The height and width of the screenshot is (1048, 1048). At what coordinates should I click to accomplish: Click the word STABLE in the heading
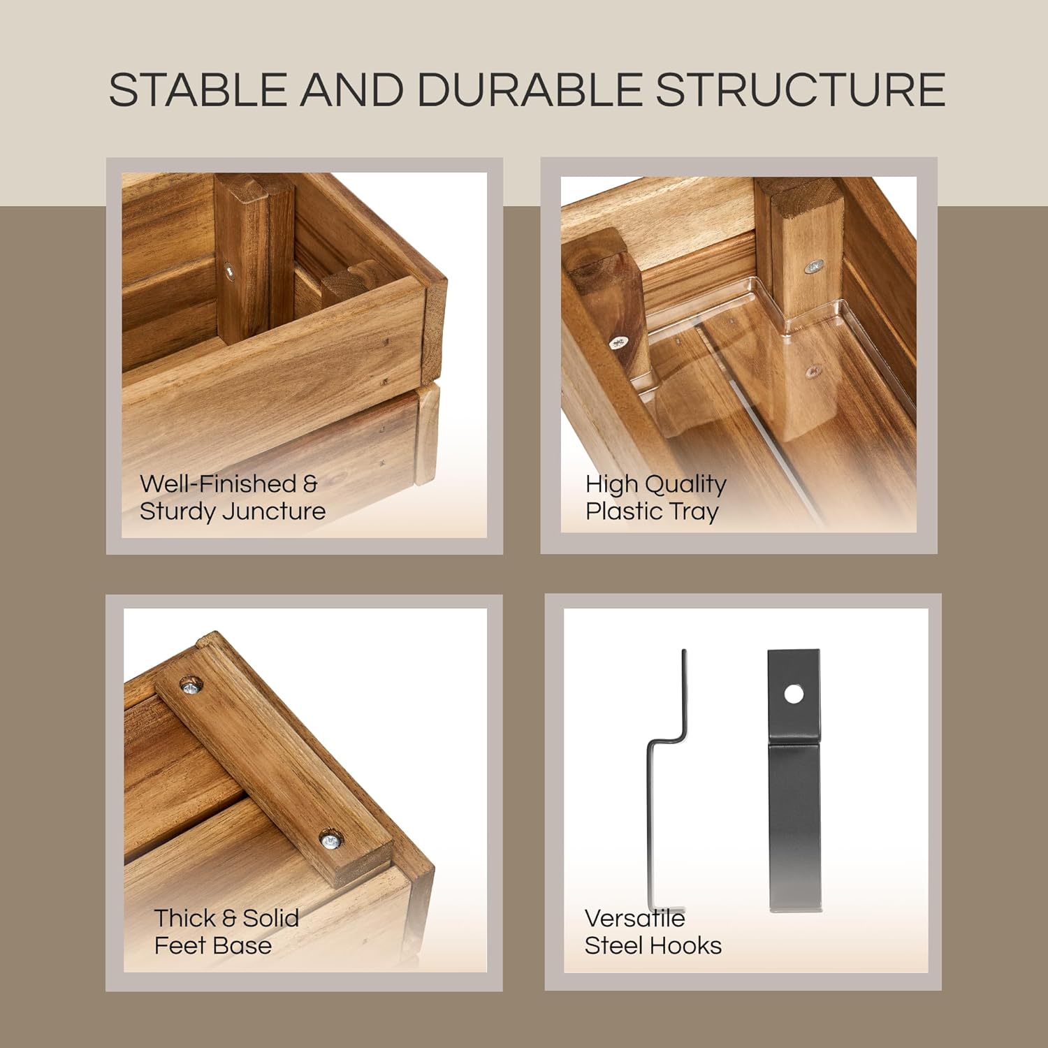(198, 89)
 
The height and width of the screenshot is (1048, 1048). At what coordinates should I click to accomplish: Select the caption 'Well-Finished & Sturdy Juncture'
(233, 497)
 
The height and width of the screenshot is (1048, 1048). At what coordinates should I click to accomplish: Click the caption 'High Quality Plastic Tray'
(655, 497)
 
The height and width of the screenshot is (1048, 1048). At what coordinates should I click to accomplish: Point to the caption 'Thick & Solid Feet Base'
(226, 931)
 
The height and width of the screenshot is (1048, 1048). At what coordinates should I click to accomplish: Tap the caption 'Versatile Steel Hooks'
(653, 931)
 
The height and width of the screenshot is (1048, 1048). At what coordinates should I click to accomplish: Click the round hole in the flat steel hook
(794, 694)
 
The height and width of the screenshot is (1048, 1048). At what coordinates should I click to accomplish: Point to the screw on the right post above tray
(813, 266)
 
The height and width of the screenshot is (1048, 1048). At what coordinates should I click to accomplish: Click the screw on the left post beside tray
(618, 342)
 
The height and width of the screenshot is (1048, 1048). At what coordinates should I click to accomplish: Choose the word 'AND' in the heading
(352, 89)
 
